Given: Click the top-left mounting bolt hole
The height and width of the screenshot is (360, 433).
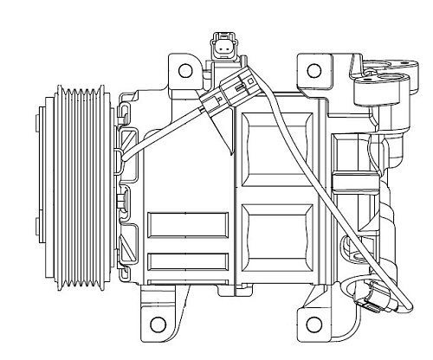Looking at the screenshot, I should click(184, 69).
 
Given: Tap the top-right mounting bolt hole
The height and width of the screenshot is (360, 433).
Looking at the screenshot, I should click(315, 69).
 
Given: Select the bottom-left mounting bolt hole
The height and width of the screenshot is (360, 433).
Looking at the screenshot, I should click(158, 325).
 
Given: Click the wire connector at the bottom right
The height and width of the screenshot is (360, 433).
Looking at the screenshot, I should click(372, 299).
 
